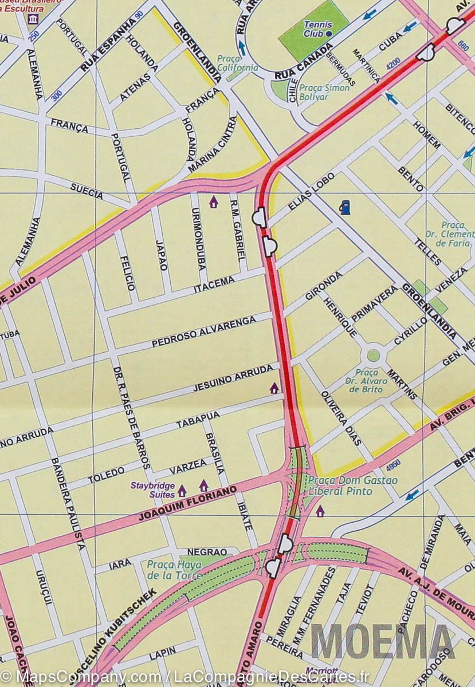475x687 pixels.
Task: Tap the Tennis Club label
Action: (x=314, y=29)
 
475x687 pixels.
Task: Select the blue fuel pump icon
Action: (x=345, y=207)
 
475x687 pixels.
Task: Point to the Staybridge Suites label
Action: (x=151, y=490)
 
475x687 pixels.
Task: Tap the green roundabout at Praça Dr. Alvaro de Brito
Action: (x=374, y=355)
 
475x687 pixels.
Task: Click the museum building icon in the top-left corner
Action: (x=33, y=20)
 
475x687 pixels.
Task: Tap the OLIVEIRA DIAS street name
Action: (x=341, y=418)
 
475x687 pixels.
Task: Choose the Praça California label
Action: (x=237, y=63)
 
